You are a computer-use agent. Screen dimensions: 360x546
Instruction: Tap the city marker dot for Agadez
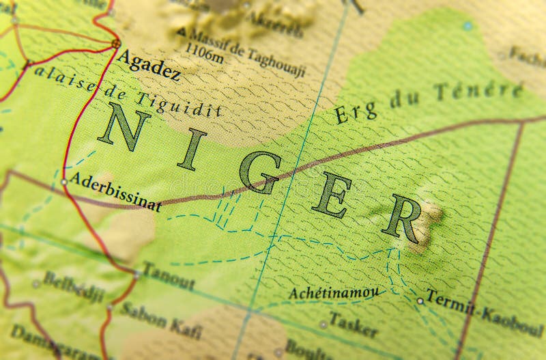point(115,43)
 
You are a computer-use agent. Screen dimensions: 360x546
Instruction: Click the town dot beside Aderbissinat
point(64,182)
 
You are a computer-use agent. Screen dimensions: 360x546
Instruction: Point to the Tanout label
point(169,276)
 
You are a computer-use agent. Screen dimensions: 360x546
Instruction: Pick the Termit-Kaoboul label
point(485,314)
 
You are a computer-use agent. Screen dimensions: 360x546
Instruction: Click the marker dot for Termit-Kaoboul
point(420,300)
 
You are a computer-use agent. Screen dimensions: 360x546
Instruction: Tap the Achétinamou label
point(333,292)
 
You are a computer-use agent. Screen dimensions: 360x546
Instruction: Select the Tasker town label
point(353,324)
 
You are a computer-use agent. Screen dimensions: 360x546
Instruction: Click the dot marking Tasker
point(323,324)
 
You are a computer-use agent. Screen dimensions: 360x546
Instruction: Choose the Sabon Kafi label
point(161,320)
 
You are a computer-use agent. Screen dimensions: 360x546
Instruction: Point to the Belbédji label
point(74,286)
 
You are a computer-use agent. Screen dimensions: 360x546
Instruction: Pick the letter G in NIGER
point(263,171)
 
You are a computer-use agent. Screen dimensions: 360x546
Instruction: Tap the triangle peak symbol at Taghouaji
point(181,31)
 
